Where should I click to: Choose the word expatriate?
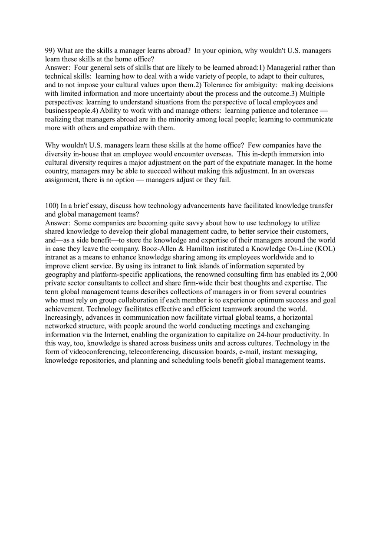point(258,163)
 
